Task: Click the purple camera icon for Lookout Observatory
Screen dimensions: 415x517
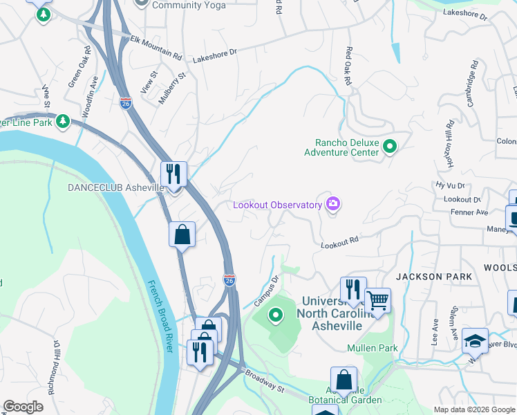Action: pos(334,204)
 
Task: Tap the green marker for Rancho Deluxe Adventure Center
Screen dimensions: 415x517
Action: pos(390,147)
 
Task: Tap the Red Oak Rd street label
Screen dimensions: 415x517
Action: pos(350,66)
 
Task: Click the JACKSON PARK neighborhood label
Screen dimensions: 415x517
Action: pos(434,277)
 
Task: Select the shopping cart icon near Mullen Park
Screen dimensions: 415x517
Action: pos(377,300)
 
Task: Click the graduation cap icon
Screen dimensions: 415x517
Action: pos(475,340)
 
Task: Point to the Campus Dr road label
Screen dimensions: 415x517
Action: pos(265,290)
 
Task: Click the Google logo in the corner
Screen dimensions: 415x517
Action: pos(23,407)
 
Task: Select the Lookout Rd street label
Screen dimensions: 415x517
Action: pos(339,243)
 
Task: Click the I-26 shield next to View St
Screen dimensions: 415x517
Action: pos(125,103)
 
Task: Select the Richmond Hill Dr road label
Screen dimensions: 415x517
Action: pos(53,367)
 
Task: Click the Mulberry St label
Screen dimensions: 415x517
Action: pos(172,88)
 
